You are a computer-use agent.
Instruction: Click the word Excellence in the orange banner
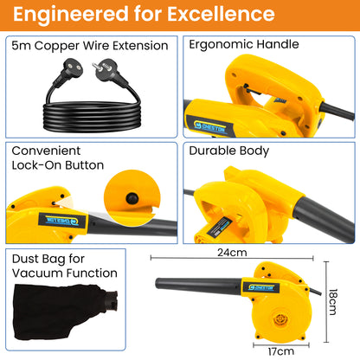[x=221, y=14]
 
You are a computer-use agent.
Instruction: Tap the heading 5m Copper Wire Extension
[x=90, y=46]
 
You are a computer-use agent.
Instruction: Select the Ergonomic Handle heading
[x=244, y=45]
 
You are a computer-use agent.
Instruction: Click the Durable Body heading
[x=229, y=151]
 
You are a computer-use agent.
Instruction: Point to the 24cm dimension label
[x=232, y=253]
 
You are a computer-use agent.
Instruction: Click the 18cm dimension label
[x=332, y=302]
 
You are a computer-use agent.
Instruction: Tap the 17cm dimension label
[x=281, y=351]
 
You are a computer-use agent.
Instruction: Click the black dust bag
[x=66, y=312]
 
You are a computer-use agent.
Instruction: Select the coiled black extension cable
[x=92, y=115]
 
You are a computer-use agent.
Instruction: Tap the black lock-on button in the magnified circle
[x=132, y=198]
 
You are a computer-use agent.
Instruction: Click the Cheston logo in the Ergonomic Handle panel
[x=210, y=126]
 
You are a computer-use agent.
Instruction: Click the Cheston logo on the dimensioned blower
[x=261, y=287]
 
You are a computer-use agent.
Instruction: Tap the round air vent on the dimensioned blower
[x=280, y=319]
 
